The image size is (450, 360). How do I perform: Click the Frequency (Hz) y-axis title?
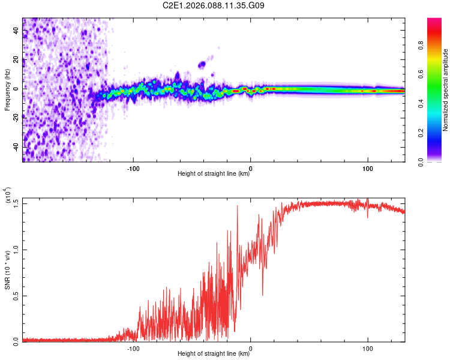coord(7,90)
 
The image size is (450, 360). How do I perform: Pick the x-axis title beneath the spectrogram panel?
coord(214,175)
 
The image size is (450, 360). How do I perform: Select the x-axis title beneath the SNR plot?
coord(214,355)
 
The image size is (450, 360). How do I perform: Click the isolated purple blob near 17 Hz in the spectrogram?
coord(202,64)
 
